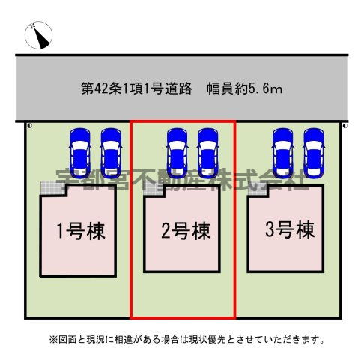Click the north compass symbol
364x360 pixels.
(38, 35)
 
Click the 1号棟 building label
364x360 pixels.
(81, 231)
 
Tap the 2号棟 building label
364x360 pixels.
(186, 231)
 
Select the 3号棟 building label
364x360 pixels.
(290, 229)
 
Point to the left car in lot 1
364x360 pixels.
(80, 153)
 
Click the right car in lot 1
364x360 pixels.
(111, 153)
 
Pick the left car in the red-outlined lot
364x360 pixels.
(178, 153)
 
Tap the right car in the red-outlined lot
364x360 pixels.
(208, 153)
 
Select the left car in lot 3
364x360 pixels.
(283, 153)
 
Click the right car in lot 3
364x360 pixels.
(314, 153)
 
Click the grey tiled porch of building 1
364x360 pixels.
(52, 188)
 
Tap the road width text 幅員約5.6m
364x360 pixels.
(245, 88)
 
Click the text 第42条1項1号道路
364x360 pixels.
(136, 88)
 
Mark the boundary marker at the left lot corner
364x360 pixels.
(30, 126)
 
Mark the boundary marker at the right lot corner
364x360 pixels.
(345, 126)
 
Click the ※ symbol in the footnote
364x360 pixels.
(53, 340)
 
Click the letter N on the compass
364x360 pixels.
(32, 25)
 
